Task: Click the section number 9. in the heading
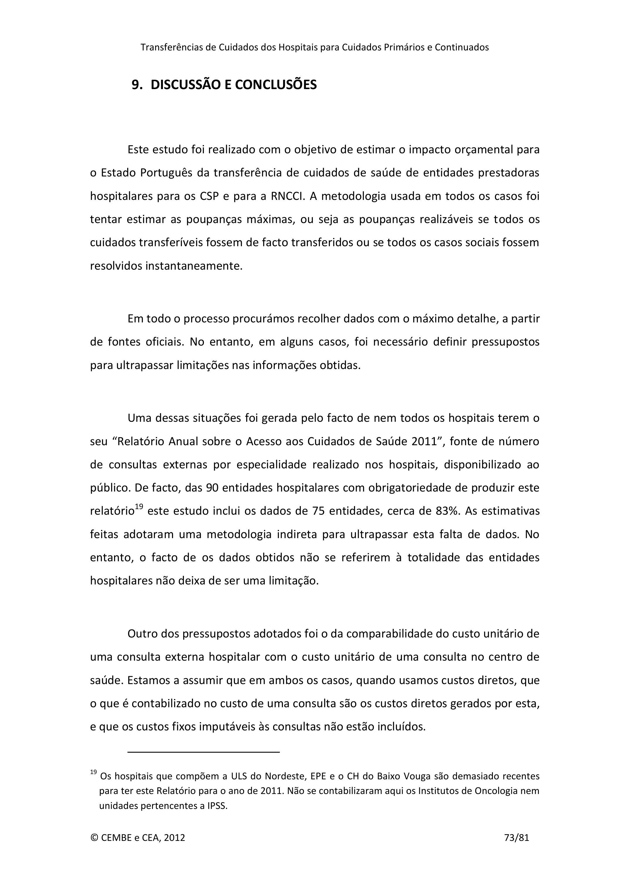point(137,85)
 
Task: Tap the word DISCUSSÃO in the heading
point(186,85)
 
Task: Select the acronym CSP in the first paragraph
point(210,196)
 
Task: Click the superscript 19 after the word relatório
point(139,506)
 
